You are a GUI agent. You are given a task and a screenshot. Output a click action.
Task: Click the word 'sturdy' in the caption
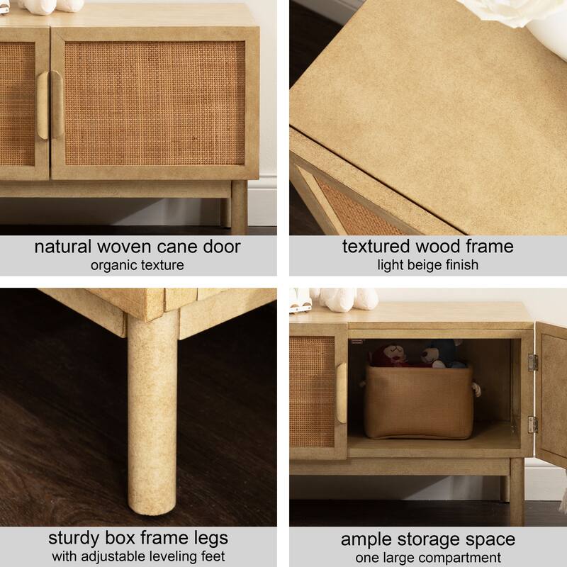(74, 539)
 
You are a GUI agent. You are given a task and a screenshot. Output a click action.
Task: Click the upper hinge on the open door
(533, 363)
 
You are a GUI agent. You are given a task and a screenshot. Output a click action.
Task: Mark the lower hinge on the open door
(533, 425)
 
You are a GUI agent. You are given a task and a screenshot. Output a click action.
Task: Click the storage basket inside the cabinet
(420, 402)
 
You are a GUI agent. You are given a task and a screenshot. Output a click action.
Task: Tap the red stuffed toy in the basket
(389, 355)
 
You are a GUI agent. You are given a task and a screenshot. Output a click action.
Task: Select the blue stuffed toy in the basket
(441, 354)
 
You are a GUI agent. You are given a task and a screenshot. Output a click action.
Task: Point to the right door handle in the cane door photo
(57, 104)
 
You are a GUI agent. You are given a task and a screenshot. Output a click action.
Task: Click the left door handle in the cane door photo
(43, 105)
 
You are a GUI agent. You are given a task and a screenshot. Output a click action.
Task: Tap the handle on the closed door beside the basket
(342, 393)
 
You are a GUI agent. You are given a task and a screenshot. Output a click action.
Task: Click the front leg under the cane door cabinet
(240, 207)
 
